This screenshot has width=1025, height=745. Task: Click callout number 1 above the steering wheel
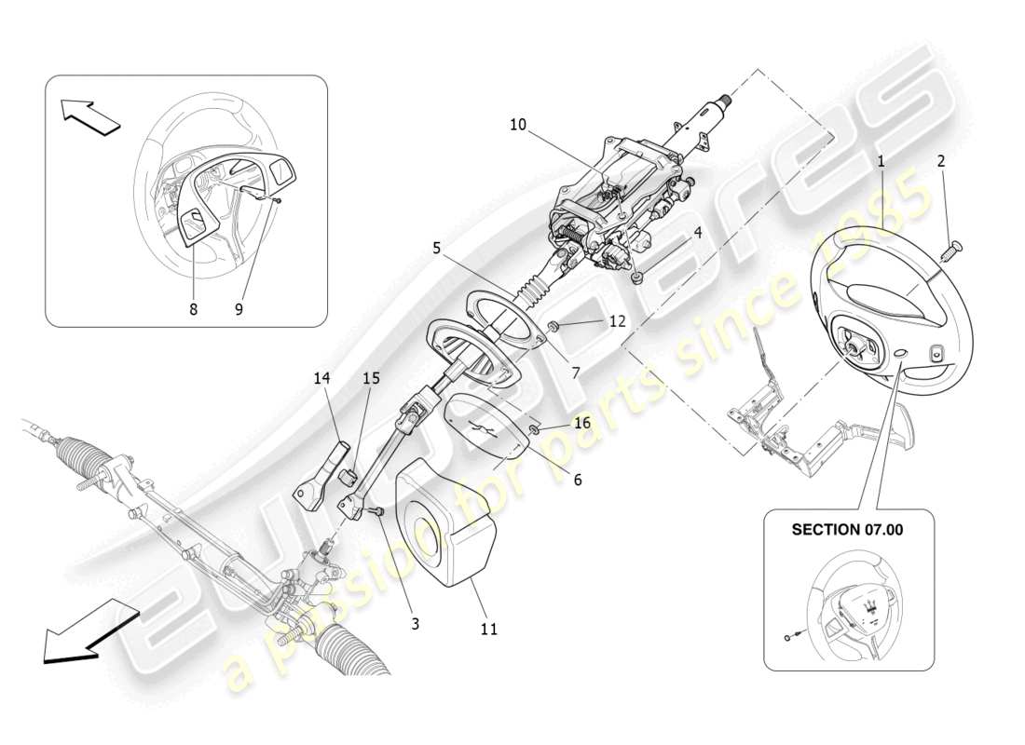pos(880,161)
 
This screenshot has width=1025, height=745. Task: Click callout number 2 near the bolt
pos(941,161)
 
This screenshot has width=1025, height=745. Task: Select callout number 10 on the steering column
pos(517,123)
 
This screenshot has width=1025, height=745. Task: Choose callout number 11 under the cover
pos(488,630)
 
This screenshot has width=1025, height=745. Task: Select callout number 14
pos(322,378)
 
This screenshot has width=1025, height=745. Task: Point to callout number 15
pos(372,378)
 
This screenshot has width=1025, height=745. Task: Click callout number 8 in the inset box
pos(194,310)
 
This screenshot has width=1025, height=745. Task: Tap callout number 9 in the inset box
pos(239,310)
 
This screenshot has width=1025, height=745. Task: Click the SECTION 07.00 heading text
pos(848,529)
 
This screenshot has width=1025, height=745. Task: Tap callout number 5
pos(436,248)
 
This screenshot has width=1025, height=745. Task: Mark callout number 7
pos(576,372)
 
